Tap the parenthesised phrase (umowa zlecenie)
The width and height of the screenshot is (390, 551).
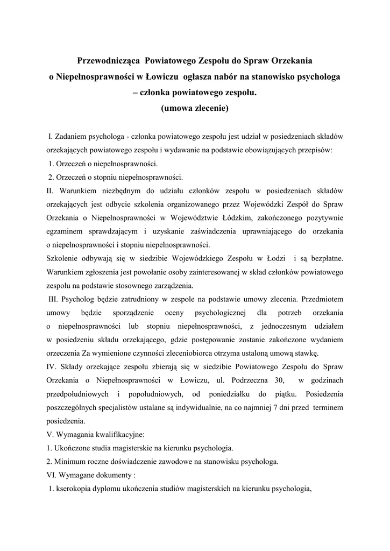pyautogui.click(x=195, y=108)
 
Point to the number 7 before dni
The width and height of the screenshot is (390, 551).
pyautogui.click(x=256, y=408)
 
